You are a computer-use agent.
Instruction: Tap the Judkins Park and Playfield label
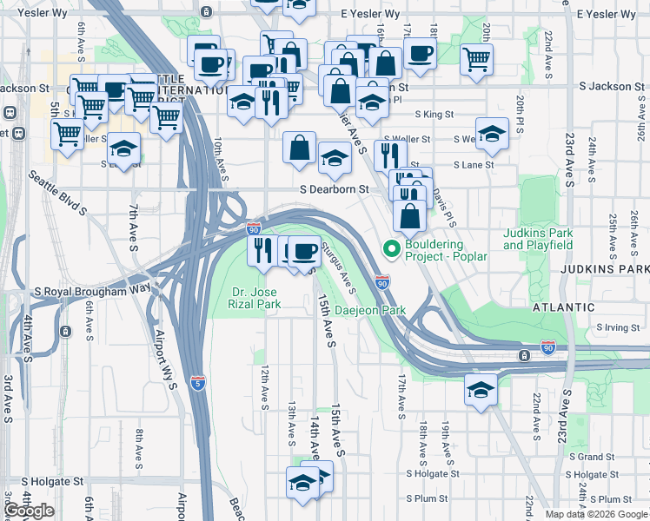coord(538,239)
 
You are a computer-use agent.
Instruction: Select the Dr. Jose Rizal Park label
coord(255,299)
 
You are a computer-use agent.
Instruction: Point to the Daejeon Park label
coord(370,310)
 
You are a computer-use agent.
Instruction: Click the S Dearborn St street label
coord(334,188)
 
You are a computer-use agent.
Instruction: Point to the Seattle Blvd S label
coord(58,192)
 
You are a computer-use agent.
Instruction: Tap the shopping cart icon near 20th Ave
coord(476,60)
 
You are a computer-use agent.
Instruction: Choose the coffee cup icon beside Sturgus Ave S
coord(303,251)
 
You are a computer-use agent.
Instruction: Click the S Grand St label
coord(592,456)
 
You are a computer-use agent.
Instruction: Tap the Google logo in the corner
coord(30,511)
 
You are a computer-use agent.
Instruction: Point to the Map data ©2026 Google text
coord(596,514)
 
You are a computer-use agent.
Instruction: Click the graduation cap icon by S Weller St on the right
coord(492,134)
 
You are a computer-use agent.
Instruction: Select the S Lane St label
coord(473,164)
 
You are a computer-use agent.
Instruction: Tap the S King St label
coord(434,114)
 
